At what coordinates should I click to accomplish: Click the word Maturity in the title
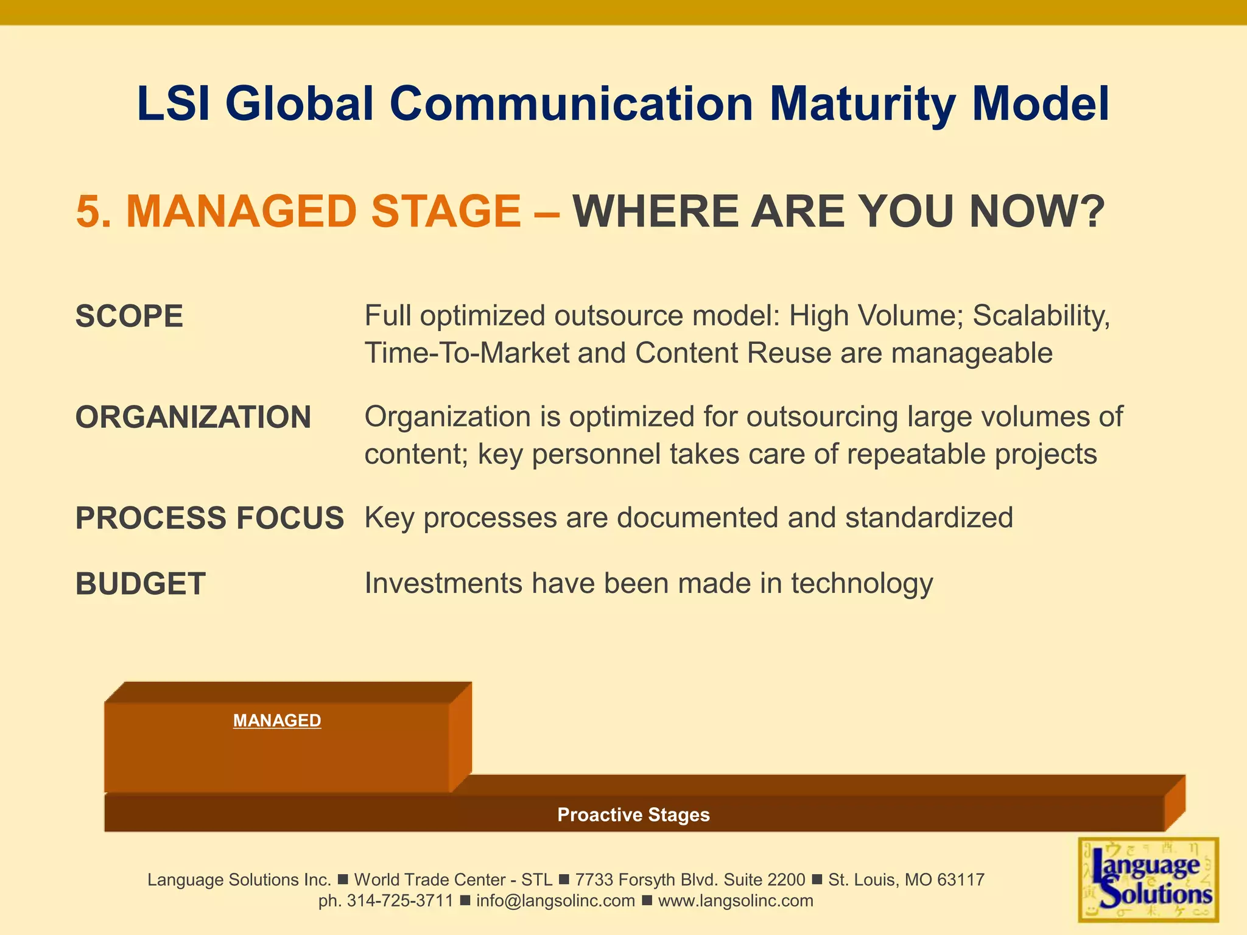[x=862, y=105]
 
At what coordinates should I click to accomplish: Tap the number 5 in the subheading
[x=88, y=212]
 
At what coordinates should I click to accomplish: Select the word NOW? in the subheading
[x=1037, y=212]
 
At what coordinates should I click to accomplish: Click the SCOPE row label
[x=129, y=317]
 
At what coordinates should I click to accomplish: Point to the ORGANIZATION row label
[x=193, y=418]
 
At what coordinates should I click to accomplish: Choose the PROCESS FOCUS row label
[x=209, y=518]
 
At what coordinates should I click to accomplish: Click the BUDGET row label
[x=140, y=584]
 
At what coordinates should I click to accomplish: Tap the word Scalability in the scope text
[x=1041, y=317]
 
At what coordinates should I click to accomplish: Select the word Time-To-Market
[x=466, y=353]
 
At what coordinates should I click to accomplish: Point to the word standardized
[x=929, y=518]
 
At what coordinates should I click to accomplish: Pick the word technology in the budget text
[x=862, y=584]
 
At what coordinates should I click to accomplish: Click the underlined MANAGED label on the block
[x=277, y=721]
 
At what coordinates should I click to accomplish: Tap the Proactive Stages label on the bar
[x=633, y=814]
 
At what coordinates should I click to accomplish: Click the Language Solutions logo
[x=1148, y=880]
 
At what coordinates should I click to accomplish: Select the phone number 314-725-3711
[x=400, y=901]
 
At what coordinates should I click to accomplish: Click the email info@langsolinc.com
[x=555, y=901]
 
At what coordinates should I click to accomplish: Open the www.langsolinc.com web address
[x=736, y=901]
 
